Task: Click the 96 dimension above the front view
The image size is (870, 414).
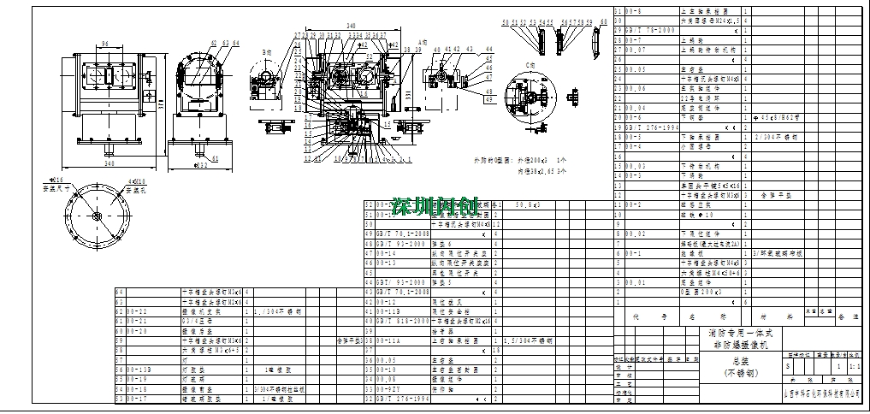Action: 105,42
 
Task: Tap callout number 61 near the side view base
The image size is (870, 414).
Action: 215,158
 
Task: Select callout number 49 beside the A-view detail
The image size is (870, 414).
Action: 488,100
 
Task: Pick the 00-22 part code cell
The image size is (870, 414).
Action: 137,310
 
